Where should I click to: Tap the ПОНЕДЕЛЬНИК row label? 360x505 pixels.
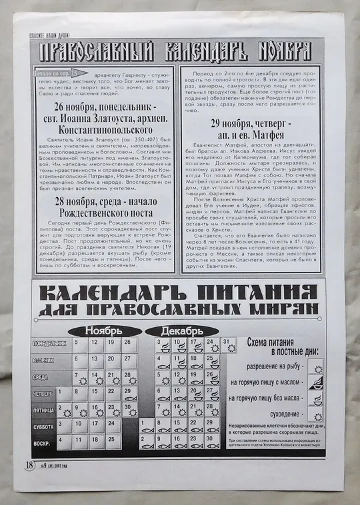click(x=51, y=344)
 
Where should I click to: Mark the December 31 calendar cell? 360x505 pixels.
click(x=229, y=345)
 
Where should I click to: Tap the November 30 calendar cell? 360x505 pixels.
click(x=130, y=410)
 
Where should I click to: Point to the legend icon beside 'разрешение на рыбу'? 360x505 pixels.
click(x=316, y=368)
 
